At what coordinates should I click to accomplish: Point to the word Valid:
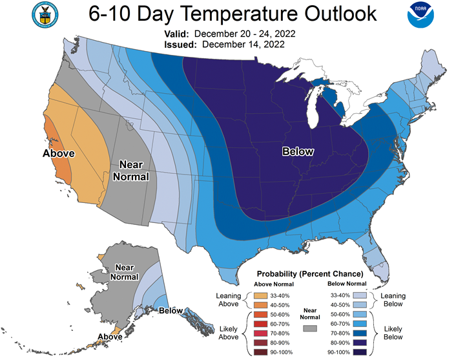(x=172, y=34)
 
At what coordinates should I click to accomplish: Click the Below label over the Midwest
(x=298, y=152)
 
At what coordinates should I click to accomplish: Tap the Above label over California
(x=59, y=153)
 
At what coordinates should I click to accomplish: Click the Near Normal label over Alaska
(x=126, y=271)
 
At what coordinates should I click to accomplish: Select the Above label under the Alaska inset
(x=110, y=337)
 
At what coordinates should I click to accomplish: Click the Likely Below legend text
(x=393, y=332)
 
